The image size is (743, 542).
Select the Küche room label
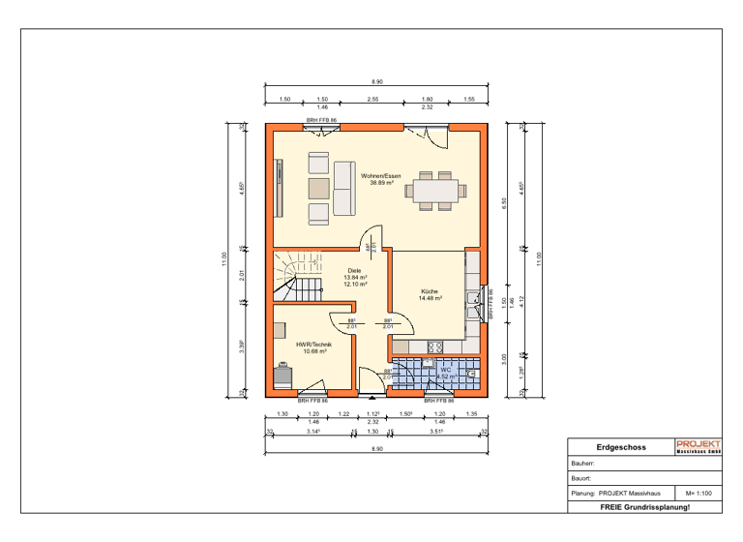(430, 291)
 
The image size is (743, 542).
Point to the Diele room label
(354, 272)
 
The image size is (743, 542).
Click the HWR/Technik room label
(312, 344)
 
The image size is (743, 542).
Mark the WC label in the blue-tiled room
(446, 370)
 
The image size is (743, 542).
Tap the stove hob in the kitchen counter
(434, 346)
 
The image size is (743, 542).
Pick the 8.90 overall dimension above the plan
(377, 82)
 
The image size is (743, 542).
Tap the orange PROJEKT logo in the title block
(698, 446)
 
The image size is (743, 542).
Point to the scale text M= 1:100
(698, 494)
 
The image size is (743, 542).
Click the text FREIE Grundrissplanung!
(644, 507)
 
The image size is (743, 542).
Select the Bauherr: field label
(582, 464)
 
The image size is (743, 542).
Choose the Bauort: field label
(581, 478)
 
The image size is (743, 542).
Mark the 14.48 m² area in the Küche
(430, 298)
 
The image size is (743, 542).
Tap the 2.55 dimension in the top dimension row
(372, 99)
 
